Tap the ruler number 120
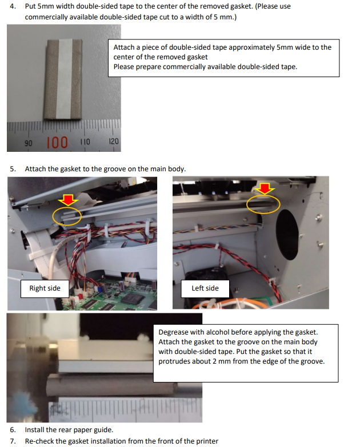click(113, 140)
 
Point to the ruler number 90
click(27, 142)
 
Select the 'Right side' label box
click(45, 288)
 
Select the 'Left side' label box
click(205, 288)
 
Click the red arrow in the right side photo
click(69, 199)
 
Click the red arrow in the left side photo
click(266, 188)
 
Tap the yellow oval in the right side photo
click(67, 215)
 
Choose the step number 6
click(13, 429)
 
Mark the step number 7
click(13, 441)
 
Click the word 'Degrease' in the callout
click(175, 332)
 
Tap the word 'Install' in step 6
click(34, 429)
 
